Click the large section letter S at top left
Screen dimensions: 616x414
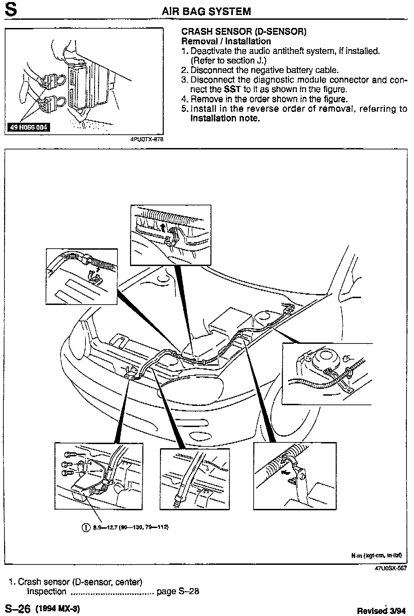11,10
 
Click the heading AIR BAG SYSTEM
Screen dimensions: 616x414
206,12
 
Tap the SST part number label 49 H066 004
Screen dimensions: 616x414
28,128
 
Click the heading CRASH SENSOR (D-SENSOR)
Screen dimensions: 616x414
244,32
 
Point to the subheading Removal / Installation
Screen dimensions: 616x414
226,41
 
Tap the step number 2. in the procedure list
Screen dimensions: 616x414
185,70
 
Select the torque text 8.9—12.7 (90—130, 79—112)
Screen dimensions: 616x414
131,527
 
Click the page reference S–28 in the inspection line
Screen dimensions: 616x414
188,591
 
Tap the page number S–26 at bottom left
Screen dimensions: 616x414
18,608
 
